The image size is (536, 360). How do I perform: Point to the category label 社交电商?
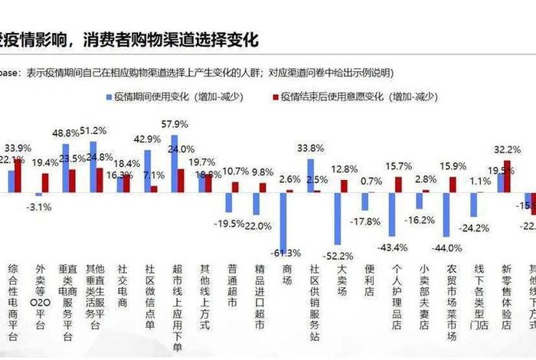coord(122,285)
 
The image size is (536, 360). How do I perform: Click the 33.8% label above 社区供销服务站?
coord(309,149)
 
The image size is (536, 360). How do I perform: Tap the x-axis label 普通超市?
coord(232,285)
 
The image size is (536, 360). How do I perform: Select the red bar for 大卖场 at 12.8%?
coord(344,185)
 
